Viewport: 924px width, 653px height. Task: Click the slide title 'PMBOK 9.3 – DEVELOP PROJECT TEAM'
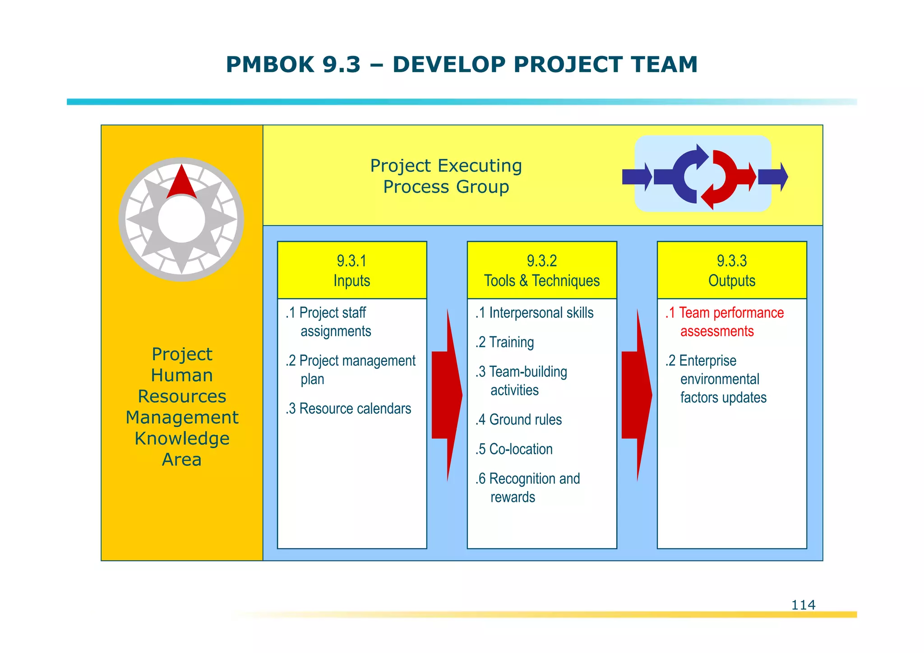(x=462, y=65)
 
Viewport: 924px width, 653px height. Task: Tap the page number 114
(x=803, y=605)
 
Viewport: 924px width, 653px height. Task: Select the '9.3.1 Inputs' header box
(x=352, y=270)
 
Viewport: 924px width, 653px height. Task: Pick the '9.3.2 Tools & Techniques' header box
(x=542, y=270)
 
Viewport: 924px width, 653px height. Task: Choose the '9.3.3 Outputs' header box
(x=732, y=270)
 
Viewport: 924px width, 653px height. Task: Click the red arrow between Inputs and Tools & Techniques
(x=446, y=395)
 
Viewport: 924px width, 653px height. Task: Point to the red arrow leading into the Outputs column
(x=636, y=395)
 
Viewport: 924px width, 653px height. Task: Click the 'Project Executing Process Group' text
(x=446, y=176)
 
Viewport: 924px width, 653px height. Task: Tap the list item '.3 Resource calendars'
(x=348, y=408)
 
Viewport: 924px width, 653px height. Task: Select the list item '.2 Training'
(x=504, y=342)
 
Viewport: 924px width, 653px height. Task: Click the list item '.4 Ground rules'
(x=518, y=420)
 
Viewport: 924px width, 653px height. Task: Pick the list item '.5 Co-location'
(x=514, y=449)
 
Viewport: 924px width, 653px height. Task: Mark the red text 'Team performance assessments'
(x=725, y=322)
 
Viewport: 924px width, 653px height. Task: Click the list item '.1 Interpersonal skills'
(x=534, y=313)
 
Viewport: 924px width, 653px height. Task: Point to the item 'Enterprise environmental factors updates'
(x=716, y=379)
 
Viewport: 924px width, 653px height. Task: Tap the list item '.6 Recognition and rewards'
(x=527, y=487)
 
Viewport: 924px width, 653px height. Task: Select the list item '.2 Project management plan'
(x=351, y=370)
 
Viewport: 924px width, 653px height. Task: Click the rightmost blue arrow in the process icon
(x=773, y=177)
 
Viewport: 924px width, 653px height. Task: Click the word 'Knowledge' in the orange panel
(x=182, y=438)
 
